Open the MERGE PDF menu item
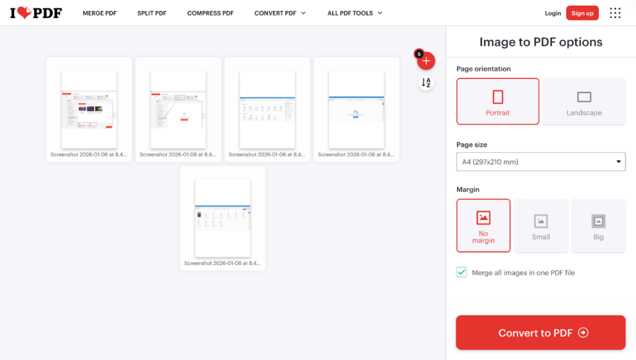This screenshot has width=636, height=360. [99, 13]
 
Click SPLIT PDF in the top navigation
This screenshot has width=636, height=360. [152, 13]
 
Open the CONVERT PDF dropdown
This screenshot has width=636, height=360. [279, 13]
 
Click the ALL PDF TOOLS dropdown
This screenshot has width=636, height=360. [355, 13]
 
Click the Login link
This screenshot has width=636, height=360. [553, 13]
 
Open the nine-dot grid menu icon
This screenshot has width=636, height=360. [615, 13]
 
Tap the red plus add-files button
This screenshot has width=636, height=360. [426, 61]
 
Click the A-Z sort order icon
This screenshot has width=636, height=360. [426, 83]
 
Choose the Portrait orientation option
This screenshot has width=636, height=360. [497, 101]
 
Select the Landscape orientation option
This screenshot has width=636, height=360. [584, 101]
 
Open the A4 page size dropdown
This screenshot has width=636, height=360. [540, 162]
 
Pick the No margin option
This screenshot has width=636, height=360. [483, 225]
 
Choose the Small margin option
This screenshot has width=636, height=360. [541, 225]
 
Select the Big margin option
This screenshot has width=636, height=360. [598, 225]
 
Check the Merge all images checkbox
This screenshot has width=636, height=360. [461, 272]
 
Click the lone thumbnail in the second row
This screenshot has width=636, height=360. [223, 217]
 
